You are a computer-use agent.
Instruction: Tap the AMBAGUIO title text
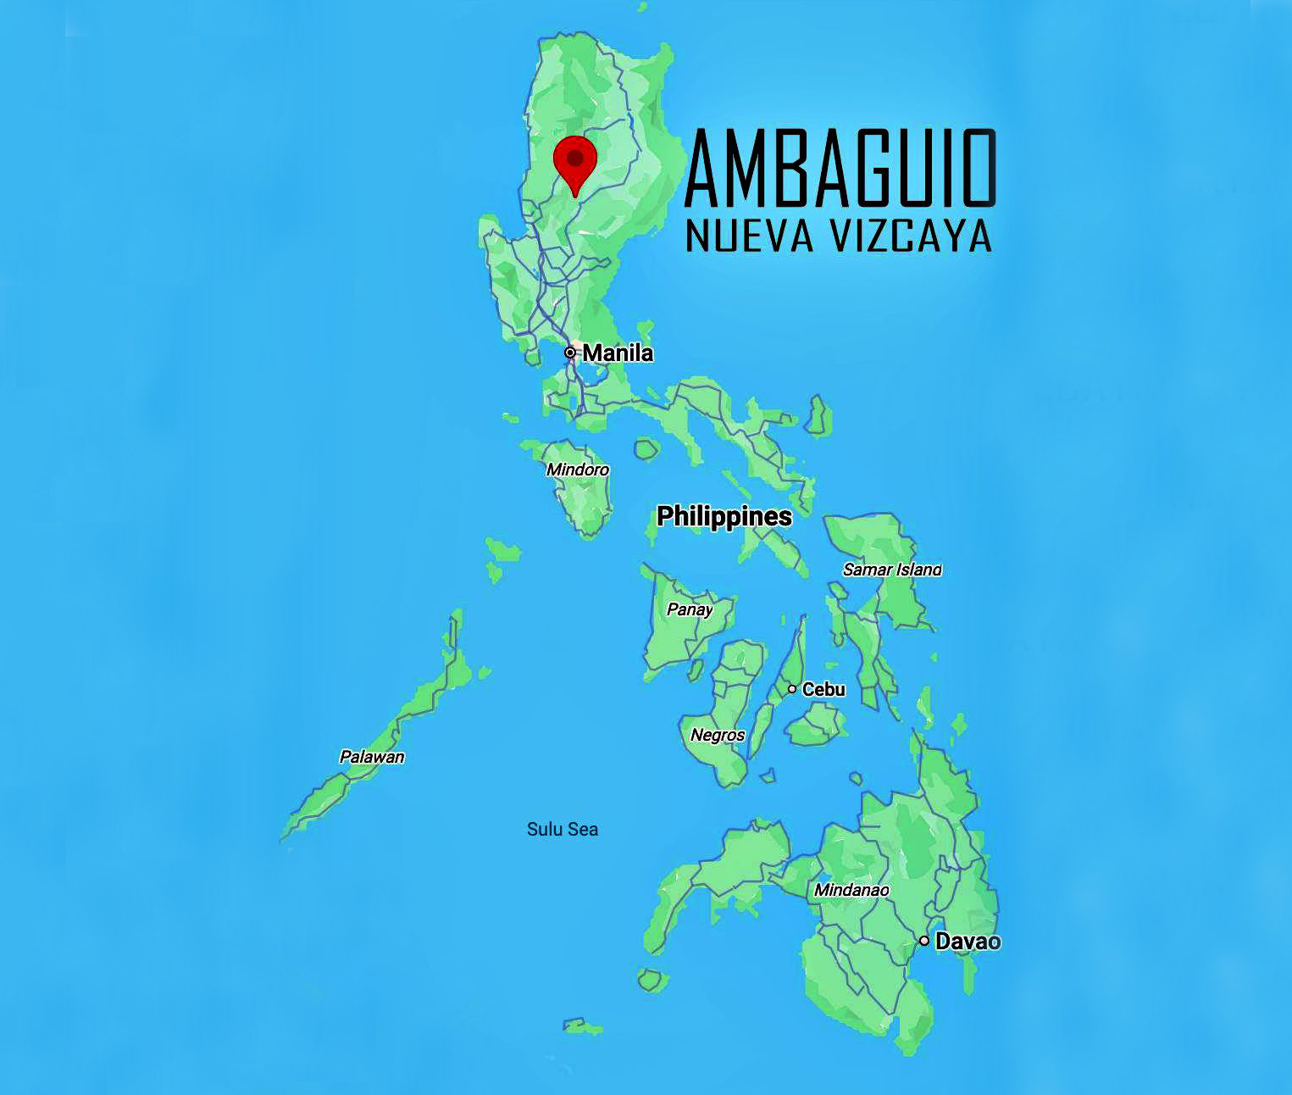point(840,169)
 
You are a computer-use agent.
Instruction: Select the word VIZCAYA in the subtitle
point(911,236)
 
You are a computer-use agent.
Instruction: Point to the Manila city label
point(618,353)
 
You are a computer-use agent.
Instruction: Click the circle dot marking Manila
point(571,353)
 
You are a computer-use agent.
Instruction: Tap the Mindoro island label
point(578,470)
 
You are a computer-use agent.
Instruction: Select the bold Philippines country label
point(724,516)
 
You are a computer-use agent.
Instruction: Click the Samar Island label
point(891,570)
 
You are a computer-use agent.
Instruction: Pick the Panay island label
point(690,609)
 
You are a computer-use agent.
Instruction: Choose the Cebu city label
point(823,689)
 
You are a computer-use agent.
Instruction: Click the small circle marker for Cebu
point(792,689)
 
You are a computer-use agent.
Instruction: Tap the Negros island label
point(718,735)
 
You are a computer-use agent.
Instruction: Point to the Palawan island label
point(372,757)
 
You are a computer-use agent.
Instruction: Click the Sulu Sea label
point(563,829)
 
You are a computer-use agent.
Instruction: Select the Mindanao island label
point(851,890)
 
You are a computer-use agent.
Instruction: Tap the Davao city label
point(968,941)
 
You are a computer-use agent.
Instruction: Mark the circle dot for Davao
point(924,941)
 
